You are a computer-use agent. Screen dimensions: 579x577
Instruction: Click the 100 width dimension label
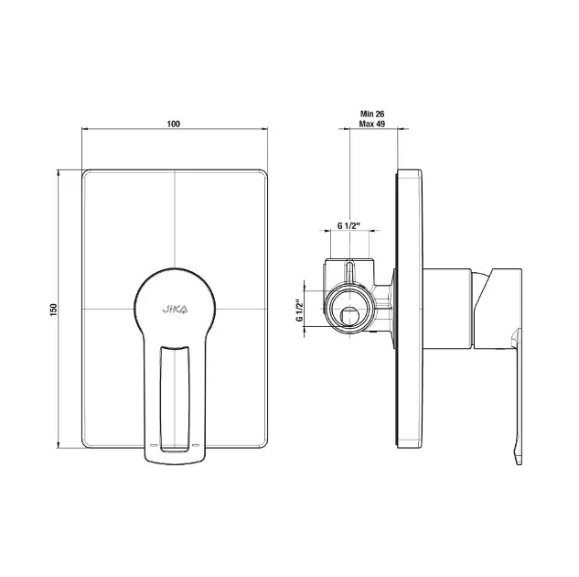pyautogui.click(x=174, y=124)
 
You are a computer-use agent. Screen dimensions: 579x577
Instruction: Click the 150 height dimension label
pyautogui.click(x=54, y=310)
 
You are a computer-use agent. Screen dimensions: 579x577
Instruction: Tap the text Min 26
pyautogui.click(x=372, y=114)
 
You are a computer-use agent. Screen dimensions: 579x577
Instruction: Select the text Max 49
pyautogui.click(x=372, y=124)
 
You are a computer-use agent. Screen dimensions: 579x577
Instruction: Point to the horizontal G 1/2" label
pyautogui.click(x=348, y=226)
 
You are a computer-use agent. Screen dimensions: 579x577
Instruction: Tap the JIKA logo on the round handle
pyautogui.click(x=175, y=309)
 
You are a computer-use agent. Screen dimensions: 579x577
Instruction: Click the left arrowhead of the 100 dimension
pyautogui.click(x=85, y=128)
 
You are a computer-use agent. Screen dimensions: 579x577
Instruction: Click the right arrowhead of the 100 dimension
pyautogui.click(x=264, y=128)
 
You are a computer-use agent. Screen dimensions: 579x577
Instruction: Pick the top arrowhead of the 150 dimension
pyautogui.click(x=58, y=173)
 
